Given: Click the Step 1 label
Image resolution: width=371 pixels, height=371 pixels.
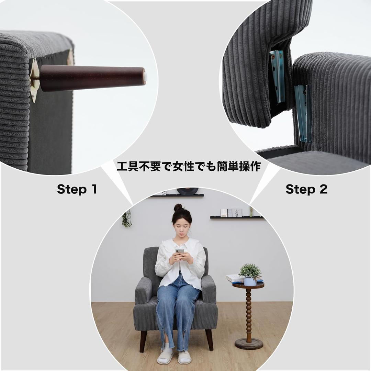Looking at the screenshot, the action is pyautogui.click(x=77, y=189).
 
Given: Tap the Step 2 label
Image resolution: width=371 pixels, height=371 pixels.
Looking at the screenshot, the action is pyautogui.click(x=306, y=189).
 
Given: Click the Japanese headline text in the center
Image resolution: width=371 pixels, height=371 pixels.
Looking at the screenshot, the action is pyautogui.click(x=189, y=166).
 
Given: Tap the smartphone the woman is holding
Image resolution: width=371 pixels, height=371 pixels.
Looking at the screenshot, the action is pyautogui.click(x=180, y=252).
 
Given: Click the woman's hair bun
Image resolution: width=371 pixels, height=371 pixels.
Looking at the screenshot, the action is pyautogui.click(x=178, y=207).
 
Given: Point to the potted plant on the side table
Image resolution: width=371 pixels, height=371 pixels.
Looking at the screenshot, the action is pyautogui.click(x=250, y=274).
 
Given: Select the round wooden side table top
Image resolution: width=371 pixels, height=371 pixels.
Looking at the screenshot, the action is pyautogui.click(x=248, y=285).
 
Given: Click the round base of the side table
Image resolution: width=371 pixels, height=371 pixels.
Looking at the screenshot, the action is pyautogui.click(x=249, y=344).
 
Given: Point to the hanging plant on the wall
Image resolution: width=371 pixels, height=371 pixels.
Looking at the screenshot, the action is pyautogui.click(x=127, y=218).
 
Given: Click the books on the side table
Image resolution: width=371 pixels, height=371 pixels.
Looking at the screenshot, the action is pyautogui.click(x=235, y=278).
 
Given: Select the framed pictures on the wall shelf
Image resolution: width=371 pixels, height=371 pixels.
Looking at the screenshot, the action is pyautogui.click(x=232, y=213).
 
